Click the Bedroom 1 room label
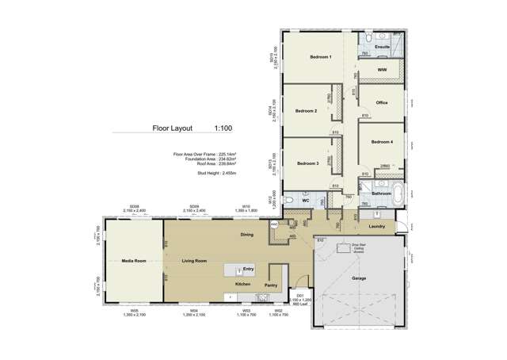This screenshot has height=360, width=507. click(320, 57)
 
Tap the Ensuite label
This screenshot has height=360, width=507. click(382, 47)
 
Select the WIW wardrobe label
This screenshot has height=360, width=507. click(382, 70)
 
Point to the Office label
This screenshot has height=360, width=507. click(381, 103)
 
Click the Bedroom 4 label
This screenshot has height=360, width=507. click(381, 141)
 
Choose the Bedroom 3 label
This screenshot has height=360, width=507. click(307, 163)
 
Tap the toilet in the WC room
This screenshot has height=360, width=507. click(289, 199)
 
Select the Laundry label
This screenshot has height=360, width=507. click(376, 227)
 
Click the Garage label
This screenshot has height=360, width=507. click(359, 279)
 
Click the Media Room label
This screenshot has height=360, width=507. click(132, 259)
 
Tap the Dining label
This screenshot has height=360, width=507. click(246, 236)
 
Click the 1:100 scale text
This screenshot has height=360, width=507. click(223, 127)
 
